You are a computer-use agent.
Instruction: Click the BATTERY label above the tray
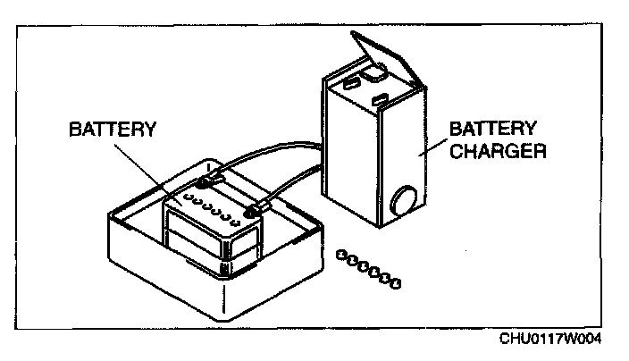[x=113, y=130]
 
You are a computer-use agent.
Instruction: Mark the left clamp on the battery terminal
[x=206, y=183]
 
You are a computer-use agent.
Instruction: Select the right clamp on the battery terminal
[x=255, y=212]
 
